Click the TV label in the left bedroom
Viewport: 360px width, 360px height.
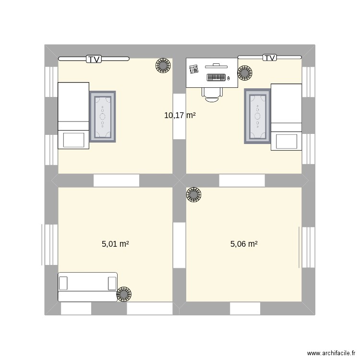coord(95,59)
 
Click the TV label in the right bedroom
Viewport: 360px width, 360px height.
coord(270,58)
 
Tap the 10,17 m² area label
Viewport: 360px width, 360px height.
coord(180,115)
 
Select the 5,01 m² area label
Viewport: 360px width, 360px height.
coord(115,244)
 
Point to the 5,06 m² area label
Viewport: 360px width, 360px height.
coord(244,244)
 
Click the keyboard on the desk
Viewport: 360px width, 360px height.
coord(216,77)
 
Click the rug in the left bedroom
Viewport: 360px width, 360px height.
coord(103,117)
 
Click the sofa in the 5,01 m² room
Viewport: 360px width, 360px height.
coord(87,287)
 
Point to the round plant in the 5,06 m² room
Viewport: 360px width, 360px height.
coord(194,195)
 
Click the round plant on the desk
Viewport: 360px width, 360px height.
coord(244,73)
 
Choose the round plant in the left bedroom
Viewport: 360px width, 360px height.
coord(163,65)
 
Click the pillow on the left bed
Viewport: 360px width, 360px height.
coord(73,140)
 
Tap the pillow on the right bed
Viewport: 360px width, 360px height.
coord(287,142)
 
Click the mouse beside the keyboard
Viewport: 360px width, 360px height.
coord(229,78)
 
